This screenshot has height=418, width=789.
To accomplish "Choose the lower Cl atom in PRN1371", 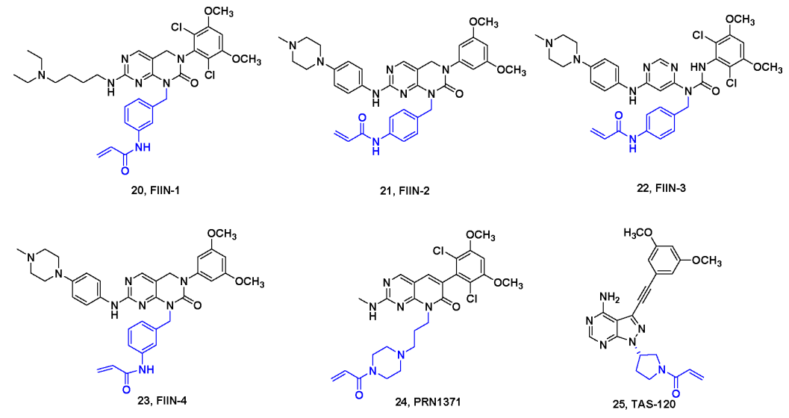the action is coord(496,299).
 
